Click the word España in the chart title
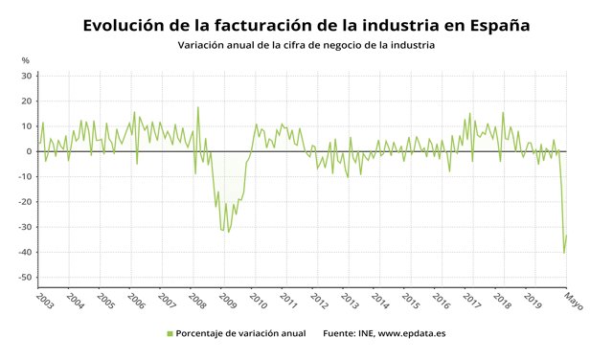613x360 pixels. pos(494,25)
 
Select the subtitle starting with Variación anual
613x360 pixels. pos(306,46)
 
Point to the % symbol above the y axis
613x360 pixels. pos(26,61)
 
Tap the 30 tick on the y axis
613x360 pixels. pos(26,76)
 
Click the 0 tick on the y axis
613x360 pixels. pos(29,151)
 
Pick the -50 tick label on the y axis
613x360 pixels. pos(25,278)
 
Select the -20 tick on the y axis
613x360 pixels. pos(25,202)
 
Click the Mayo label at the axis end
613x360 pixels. pos(573,300)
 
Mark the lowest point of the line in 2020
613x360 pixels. pos(564,253)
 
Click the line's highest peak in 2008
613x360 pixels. pos(197,107)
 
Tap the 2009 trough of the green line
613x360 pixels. pos(227,232)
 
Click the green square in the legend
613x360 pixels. pos(170,334)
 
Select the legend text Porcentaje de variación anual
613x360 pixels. pos(241,334)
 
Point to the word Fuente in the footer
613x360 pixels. pos(339,334)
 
